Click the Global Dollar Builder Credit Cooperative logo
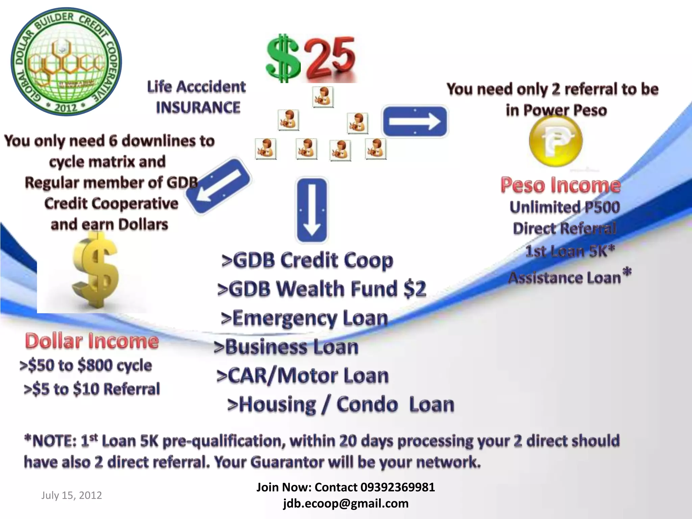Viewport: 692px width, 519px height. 66,61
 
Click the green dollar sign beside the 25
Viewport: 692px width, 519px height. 283,58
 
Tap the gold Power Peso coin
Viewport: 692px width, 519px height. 556,141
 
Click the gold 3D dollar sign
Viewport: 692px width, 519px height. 96,272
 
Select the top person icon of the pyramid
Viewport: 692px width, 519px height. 323,97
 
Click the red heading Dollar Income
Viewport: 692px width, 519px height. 92,341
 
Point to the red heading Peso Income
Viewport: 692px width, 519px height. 561,185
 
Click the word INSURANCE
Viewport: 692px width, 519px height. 198,107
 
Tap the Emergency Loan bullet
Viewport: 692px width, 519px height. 304,318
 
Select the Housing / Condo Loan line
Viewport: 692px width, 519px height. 341,404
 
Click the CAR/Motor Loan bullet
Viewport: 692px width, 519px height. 303,376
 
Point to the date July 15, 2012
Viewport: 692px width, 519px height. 72,495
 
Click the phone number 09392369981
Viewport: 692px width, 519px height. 398,487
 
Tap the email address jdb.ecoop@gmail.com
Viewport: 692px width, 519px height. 346,503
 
